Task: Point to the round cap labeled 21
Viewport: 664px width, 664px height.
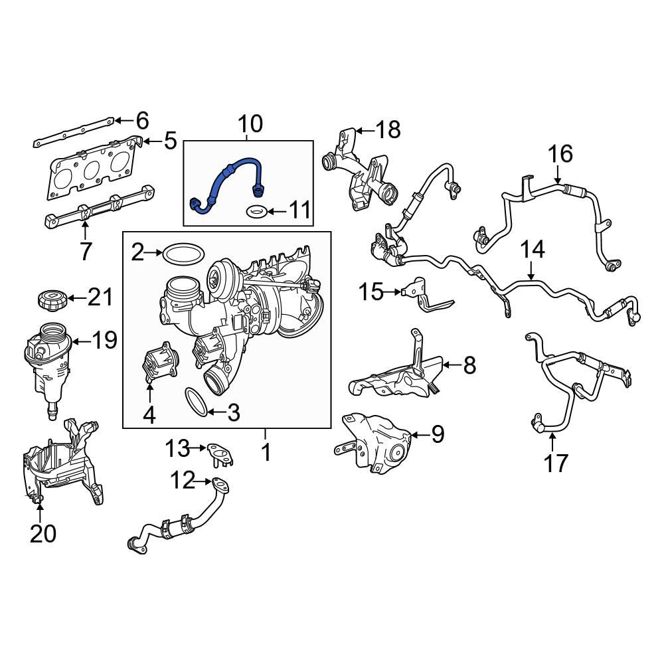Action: point(52,299)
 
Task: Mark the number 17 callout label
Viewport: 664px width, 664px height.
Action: point(556,462)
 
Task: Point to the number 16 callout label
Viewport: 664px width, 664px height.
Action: point(559,154)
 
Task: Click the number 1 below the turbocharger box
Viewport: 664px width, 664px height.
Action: point(265,453)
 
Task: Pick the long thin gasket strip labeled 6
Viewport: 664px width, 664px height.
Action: point(73,131)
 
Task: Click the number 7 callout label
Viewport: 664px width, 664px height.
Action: point(85,251)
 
